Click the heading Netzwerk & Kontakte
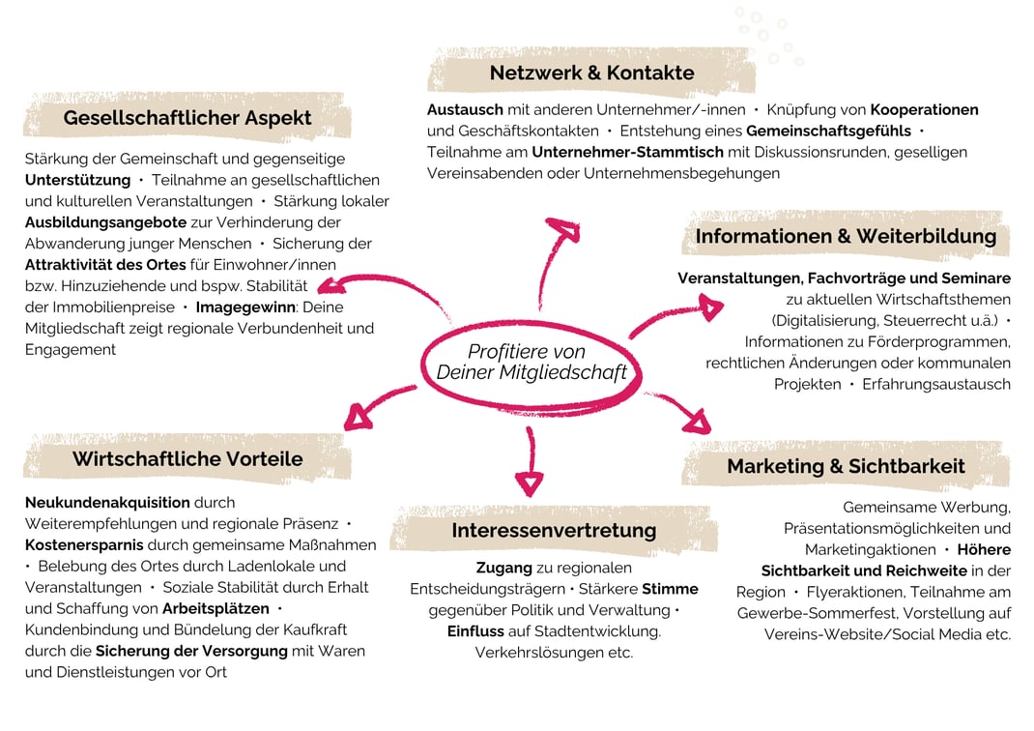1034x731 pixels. pos(591,73)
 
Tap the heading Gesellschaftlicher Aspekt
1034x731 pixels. pos(187,117)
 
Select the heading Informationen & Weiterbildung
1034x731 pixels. pos(846,236)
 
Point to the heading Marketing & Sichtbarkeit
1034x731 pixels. pos(846,466)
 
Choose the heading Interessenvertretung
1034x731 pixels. pos(554,531)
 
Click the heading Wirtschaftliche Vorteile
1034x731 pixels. pos(187,458)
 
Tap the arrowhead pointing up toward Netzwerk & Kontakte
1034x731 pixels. pos(563,229)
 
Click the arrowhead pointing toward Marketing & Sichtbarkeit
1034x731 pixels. pos(698,423)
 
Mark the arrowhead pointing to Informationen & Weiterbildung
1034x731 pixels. pos(711,307)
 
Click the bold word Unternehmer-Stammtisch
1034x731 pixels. pos(628,152)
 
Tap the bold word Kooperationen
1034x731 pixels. pos(925,109)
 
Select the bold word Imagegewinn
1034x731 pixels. pos(246,307)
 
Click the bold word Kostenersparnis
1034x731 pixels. pos(84,545)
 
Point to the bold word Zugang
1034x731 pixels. pos(503,568)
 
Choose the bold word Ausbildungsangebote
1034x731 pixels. pos(105,222)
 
